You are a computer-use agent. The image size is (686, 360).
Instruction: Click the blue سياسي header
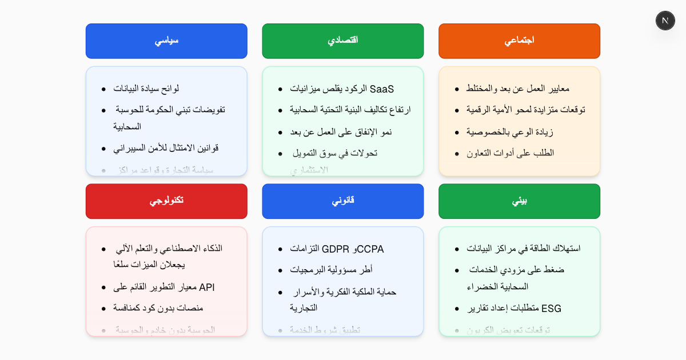coord(166,41)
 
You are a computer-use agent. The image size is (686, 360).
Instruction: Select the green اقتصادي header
coord(343,41)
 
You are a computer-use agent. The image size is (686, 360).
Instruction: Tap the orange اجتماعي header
coord(519,41)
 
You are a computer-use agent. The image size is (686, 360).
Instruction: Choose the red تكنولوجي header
coord(166,201)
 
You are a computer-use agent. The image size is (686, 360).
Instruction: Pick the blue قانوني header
coord(343,201)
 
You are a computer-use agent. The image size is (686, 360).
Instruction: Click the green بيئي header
coord(519,201)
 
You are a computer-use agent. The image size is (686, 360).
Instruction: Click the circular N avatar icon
coord(665,21)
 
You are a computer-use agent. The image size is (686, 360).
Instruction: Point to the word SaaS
coord(382,89)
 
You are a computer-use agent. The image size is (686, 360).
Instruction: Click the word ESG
coord(551,309)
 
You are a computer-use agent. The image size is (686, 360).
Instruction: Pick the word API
coord(206,287)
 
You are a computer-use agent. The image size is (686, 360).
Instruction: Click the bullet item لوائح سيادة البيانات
coord(146,89)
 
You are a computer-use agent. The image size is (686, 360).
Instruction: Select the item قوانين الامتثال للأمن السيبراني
coord(166,148)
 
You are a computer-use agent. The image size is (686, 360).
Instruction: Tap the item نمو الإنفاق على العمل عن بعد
coord(341,132)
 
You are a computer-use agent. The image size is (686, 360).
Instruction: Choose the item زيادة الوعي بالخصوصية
coord(510,132)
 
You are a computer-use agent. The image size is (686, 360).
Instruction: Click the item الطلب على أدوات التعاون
coord(510,153)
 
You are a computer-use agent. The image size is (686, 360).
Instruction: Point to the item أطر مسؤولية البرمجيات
coord(331,270)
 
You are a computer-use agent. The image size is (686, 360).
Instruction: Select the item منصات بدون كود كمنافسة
coord(158,308)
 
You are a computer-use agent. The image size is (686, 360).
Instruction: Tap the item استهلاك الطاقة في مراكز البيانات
coord(524,249)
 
